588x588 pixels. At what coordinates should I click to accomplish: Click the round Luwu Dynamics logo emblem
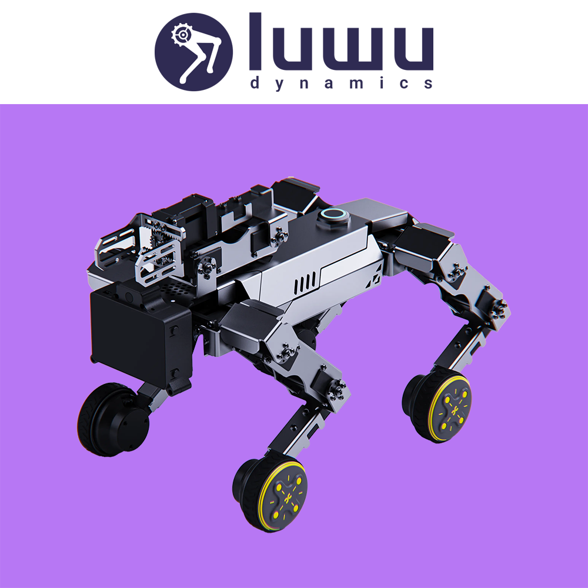[193, 52]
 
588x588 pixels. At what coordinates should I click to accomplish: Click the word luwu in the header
[341, 42]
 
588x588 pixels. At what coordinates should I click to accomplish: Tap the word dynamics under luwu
[342, 83]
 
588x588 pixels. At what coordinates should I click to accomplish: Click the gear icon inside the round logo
[182, 35]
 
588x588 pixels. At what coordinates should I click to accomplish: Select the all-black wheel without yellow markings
[111, 419]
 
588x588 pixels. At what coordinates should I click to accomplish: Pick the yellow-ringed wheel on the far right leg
[437, 407]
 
